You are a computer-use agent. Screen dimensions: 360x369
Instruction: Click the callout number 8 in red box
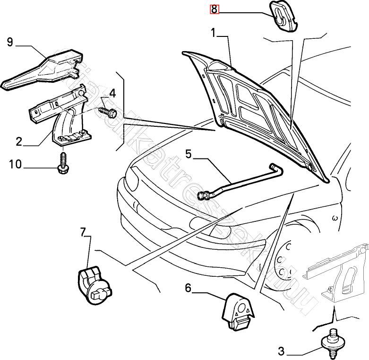pos(214,9)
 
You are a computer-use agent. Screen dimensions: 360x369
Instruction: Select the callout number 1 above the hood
pos(214,33)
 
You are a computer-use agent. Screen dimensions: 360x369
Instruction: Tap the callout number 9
pos(9,43)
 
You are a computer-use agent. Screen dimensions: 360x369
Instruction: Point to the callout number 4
pos(112,92)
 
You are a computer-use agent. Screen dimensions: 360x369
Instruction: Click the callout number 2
pos(19,141)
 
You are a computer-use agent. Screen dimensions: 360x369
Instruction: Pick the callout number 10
pos(15,164)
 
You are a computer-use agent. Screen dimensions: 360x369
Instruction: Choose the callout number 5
pos(188,154)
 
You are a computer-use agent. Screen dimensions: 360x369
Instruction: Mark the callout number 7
pos(83,232)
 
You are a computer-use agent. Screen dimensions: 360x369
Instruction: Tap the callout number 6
pos(188,288)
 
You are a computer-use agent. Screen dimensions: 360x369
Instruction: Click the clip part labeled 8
pos(284,17)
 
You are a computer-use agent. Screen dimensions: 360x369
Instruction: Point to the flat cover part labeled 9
pos(43,71)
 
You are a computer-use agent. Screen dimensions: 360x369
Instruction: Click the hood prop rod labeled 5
pos(241,180)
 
